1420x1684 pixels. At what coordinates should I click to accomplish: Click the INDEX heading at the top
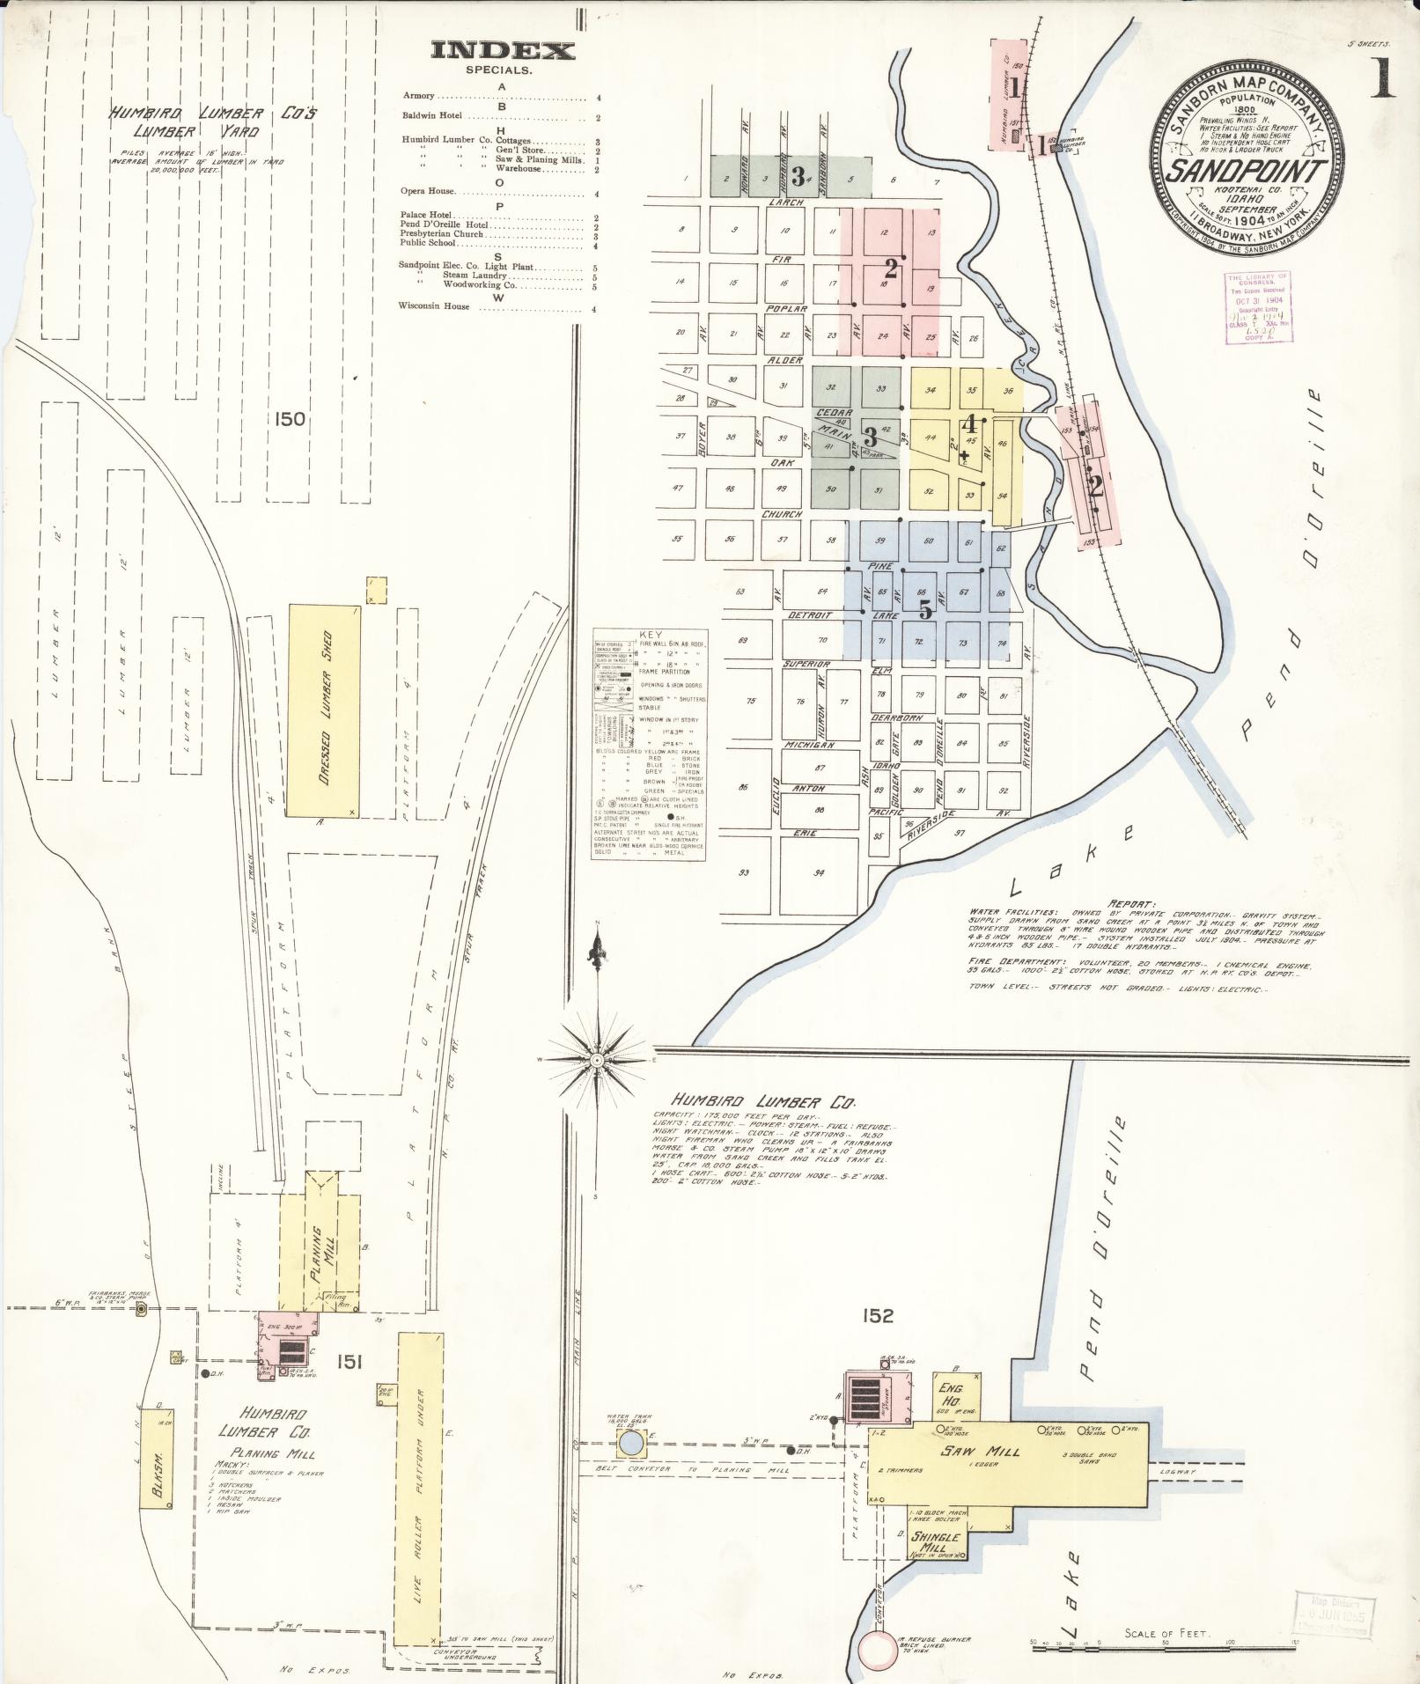(x=503, y=51)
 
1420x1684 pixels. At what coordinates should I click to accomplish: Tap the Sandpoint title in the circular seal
(x=1245, y=170)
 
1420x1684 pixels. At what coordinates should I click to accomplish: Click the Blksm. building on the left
(x=156, y=1462)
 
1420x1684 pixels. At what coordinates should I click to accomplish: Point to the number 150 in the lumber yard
(x=289, y=419)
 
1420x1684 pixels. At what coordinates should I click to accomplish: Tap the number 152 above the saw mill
(x=878, y=1340)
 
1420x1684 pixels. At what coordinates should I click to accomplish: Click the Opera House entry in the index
(x=429, y=190)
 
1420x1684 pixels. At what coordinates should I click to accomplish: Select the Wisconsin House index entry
(x=434, y=306)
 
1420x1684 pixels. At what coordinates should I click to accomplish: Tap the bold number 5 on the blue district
(x=925, y=608)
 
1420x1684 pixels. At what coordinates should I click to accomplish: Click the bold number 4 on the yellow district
(x=971, y=422)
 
